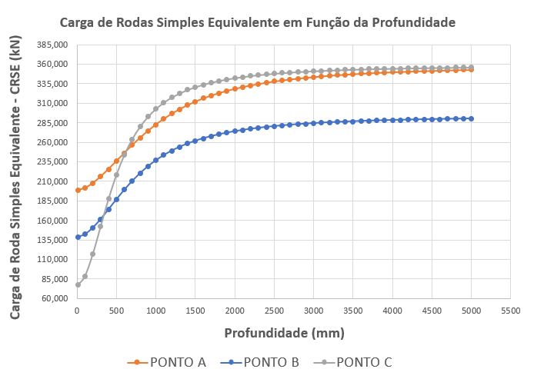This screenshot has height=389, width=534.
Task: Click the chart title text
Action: coord(268,22)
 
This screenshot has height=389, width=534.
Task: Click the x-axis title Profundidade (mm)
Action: coord(284,334)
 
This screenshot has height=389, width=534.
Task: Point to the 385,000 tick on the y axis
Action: coord(52,45)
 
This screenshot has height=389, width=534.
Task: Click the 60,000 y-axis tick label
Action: coord(55,298)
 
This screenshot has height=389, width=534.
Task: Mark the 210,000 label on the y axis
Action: coord(52,181)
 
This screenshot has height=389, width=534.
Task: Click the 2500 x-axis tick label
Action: coord(274,311)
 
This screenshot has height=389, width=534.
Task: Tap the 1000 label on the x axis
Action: coord(155,311)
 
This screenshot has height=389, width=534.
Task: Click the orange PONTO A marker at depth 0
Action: coord(77,190)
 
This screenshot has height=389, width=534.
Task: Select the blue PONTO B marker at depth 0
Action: coord(77,237)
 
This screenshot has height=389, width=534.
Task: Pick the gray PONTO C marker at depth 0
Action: coord(77,284)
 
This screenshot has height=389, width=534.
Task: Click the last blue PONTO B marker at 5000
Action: coord(472,118)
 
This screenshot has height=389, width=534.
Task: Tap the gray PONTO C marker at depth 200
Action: coord(93,254)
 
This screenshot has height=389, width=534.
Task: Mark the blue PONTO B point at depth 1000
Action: coord(155,160)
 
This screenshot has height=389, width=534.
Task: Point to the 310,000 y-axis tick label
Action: coord(52,103)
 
